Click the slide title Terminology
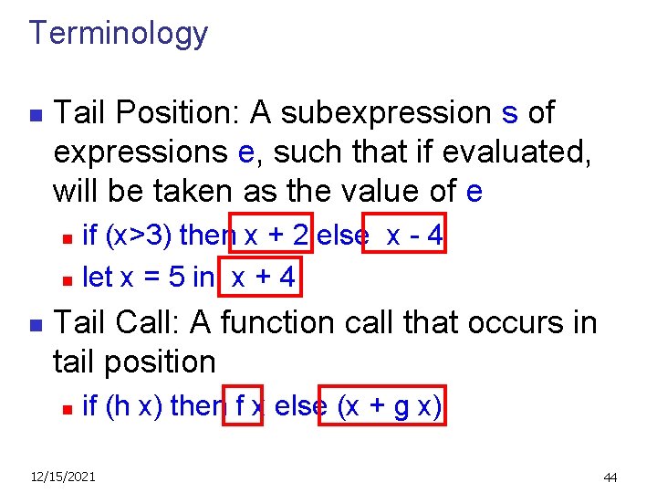tap(119, 34)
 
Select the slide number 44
tap(610, 477)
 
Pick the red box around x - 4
tap(405, 236)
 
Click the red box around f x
tap(244, 406)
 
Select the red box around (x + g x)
tap(381, 406)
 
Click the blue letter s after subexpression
tap(510, 113)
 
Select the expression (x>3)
tap(141, 236)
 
